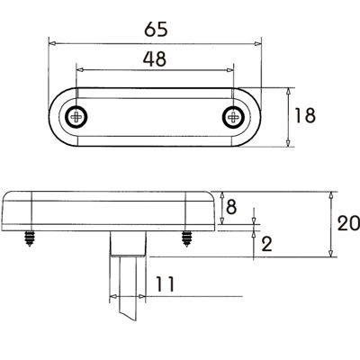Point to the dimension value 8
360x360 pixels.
point(231,207)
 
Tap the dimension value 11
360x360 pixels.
point(164,284)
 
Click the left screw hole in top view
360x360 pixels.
point(78,115)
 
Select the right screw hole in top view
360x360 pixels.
point(233,115)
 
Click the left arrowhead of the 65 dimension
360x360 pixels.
point(52,41)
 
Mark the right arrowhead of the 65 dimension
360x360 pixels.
point(257,41)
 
